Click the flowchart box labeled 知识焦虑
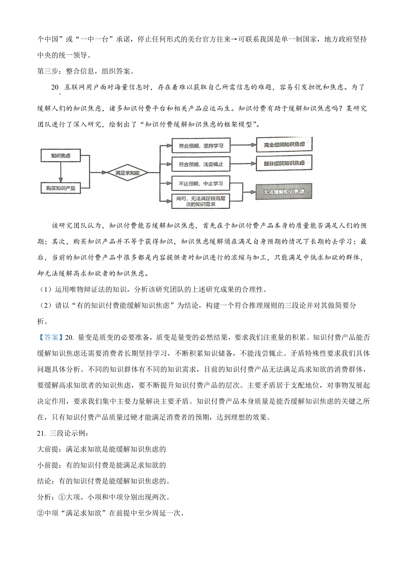pos(61,156)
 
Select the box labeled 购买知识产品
pos(61,188)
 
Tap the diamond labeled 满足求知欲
pos(127,173)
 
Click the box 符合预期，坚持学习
pos(201,146)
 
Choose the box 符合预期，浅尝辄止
pos(201,165)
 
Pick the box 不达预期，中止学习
pos(201,184)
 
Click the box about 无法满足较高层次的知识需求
pos(201,201)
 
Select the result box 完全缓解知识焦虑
pos(284,145)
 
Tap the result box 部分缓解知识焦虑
pos(284,163)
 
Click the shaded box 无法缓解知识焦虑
pos(284,192)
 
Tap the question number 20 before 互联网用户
pos(55,87)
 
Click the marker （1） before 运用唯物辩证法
pos(45,290)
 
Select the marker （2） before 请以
pos(45,305)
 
